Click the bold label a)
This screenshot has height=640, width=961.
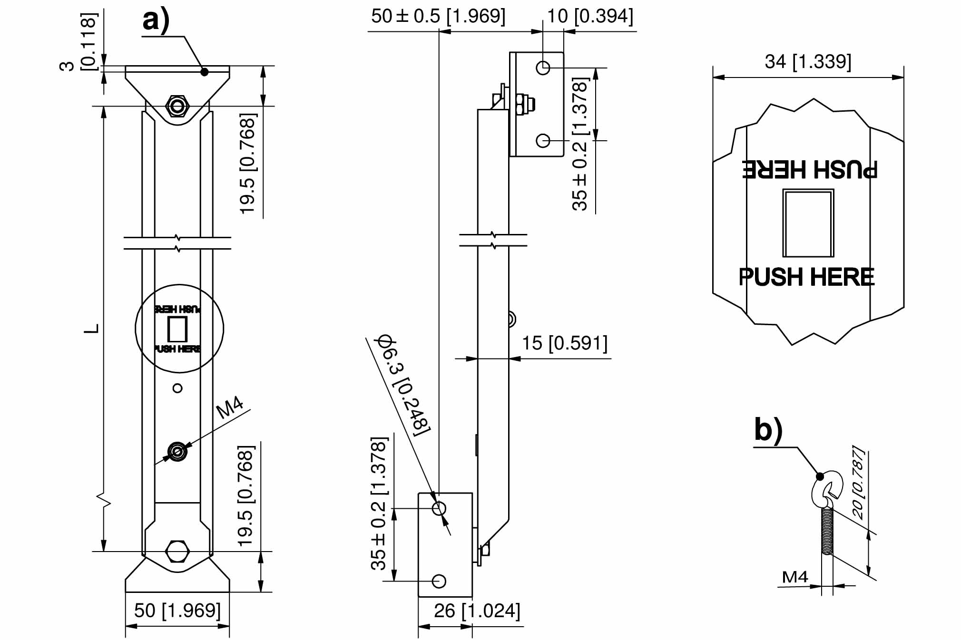point(156,21)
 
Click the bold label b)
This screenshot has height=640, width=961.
point(768,430)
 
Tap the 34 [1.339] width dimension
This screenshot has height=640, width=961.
point(808,62)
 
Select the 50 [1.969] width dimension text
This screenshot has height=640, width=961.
point(177,611)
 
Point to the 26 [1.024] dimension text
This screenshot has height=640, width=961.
point(477,611)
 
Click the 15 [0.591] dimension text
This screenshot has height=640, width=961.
point(565,343)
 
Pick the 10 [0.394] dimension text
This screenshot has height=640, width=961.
point(590,16)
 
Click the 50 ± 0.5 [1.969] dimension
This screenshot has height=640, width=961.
point(438,16)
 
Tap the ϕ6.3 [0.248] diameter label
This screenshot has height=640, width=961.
point(404,385)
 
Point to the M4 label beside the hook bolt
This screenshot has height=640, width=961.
point(794,577)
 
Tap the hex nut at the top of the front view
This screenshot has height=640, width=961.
point(177,106)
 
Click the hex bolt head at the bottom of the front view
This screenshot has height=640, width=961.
point(177,552)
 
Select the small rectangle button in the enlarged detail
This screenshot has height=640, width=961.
point(808,223)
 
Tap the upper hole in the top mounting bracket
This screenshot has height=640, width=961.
point(543,68)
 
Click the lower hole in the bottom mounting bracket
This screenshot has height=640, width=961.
point(439,581)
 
